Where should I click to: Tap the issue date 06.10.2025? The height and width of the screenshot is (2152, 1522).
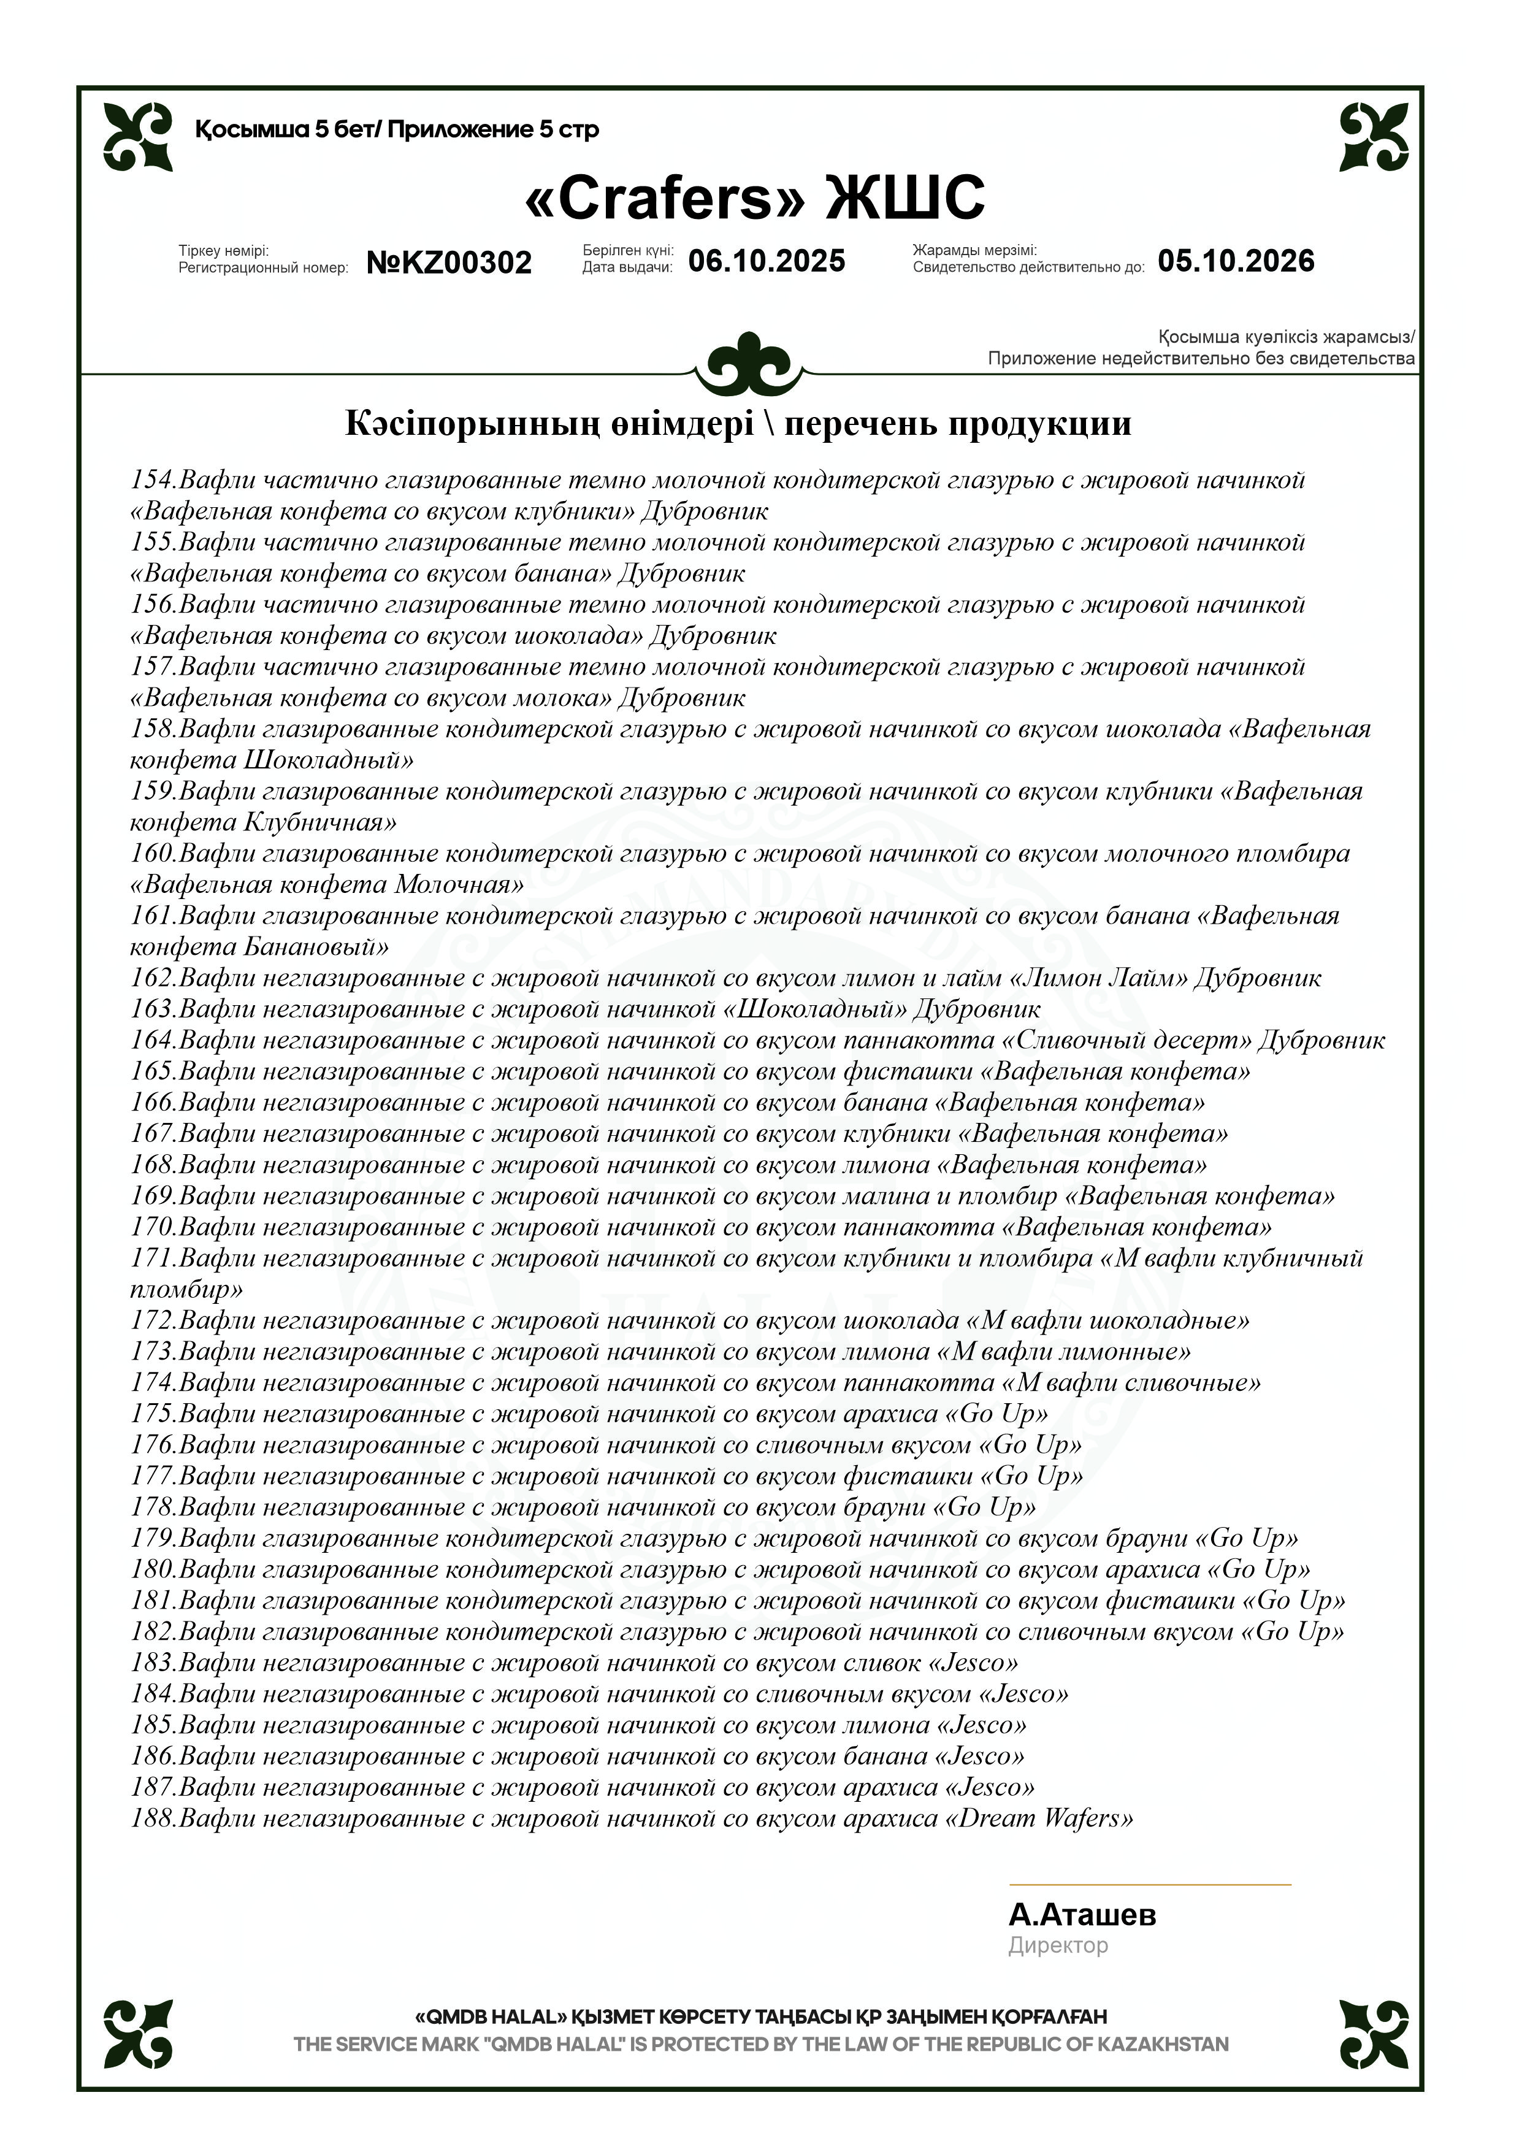(x=767, y=261)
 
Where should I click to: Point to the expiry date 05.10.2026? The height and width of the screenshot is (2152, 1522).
(x=1235, y=261)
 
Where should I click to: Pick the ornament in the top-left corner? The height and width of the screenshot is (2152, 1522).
(x=138, y=137)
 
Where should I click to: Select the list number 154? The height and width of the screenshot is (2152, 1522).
(x=153, y=480)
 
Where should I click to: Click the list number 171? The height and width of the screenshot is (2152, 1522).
(x=153, y=1258)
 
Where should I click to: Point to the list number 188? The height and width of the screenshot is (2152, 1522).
(x=153, y=1818)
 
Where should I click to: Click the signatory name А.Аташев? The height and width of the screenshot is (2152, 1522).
(x=1082, y=1914)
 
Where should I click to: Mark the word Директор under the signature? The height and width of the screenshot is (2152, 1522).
(x=1057, y=1946)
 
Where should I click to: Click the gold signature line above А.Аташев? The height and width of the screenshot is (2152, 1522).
(x=1149, y=1884)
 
